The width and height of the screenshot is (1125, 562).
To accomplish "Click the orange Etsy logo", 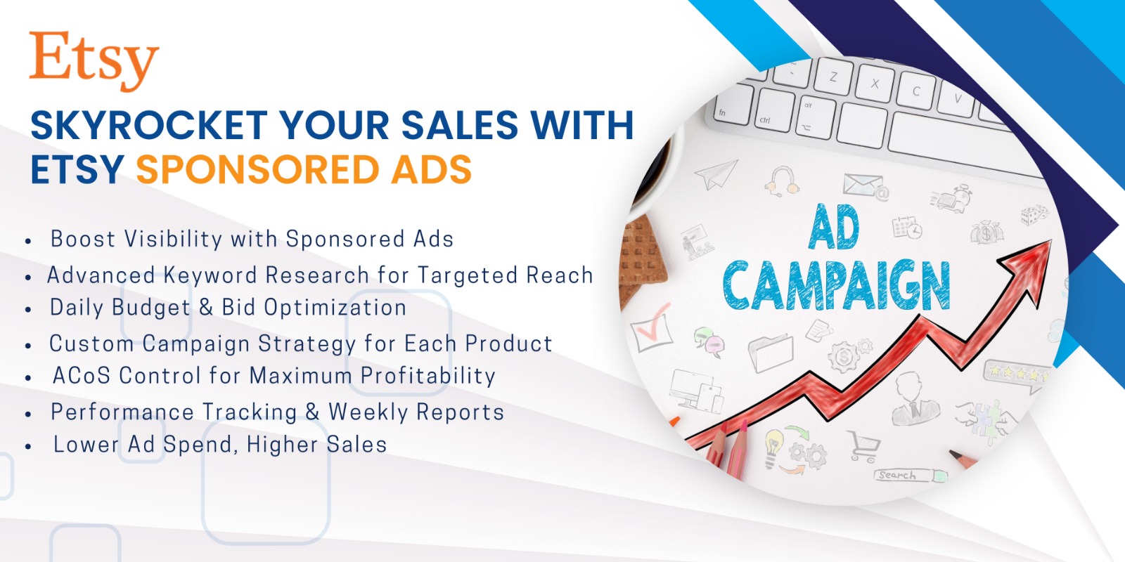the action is click(94, 61).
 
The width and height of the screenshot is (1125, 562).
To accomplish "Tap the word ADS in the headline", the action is click(432, 169).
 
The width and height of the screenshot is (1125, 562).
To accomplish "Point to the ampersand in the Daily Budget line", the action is click(206, 308).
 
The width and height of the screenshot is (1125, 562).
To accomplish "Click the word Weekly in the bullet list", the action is click(368, 412).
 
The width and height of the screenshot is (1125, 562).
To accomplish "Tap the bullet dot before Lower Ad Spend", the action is click(28, 446).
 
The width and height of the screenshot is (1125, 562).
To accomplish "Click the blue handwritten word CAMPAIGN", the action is click(836, 285).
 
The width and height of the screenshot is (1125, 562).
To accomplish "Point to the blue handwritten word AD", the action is click(834, 227).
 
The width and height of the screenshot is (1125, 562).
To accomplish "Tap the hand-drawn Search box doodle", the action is click(910, 475).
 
